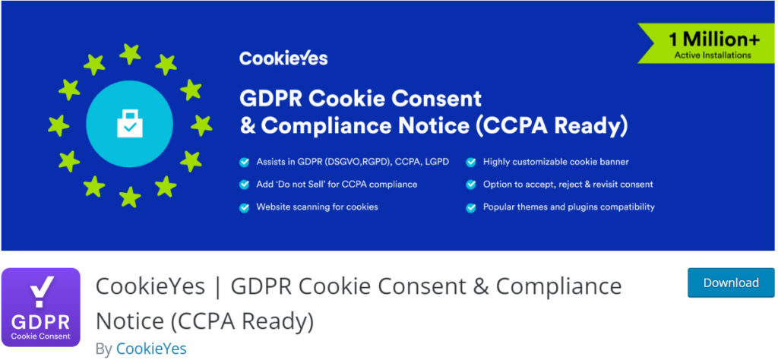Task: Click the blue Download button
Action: pos(730,283)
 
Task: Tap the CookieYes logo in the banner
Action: pos(283,58)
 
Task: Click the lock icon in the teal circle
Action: pos(130,124)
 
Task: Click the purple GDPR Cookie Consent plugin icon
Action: pos(41,308)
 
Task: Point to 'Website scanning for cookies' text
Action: pos(317,207)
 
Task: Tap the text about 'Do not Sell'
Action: pos(336,185)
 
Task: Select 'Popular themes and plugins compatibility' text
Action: pos(568,207)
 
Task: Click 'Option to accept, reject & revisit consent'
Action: pos(568,185)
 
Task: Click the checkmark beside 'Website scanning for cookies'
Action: pos(245,207)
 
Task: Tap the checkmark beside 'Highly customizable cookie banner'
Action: pos(471,162)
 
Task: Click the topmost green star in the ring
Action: pos(130,52)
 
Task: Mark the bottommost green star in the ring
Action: pos(130,197)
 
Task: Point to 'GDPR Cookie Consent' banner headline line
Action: pos(361,99)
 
